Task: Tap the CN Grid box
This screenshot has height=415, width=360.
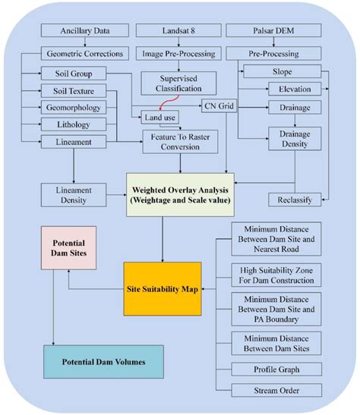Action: (218, 105)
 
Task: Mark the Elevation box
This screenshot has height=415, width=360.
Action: (289, 90)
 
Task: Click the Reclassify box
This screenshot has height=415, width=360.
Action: (289, 199)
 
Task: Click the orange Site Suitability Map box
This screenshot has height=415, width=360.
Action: (165, 288)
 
